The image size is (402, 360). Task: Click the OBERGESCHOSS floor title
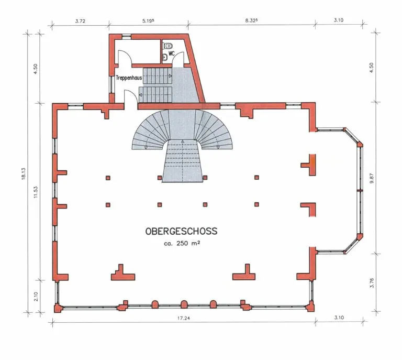click(x=181, y=231)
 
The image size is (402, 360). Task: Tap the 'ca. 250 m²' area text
click(x=182, y=243)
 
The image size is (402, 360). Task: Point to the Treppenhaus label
click(x=129, y=78)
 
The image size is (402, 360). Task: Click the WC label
click(x=172, y=53)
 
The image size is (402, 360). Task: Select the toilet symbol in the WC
click(x=167, y=46)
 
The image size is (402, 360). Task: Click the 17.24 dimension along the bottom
click(x=184, y=318)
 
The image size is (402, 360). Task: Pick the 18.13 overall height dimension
click(x=24, y=173)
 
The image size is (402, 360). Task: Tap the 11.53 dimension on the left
click(x=36, y=192)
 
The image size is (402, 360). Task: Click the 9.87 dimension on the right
click(x=372, y=178)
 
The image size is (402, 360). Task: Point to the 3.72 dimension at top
click(x=80, y=21)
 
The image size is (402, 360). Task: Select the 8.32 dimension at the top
click(x=251, y=20)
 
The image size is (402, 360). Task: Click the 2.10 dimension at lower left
click(x=36, y=297)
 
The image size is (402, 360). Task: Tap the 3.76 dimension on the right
click(x=372, y=283)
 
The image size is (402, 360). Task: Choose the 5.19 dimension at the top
click(x=148, y=21)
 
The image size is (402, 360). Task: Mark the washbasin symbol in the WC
click(x=164, y=58)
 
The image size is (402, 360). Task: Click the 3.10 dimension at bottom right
click(x=339, y=318)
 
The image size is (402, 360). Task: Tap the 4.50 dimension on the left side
click(x=36, y=69)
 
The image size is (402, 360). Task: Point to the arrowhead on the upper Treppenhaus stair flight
click(x=170, y=76)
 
